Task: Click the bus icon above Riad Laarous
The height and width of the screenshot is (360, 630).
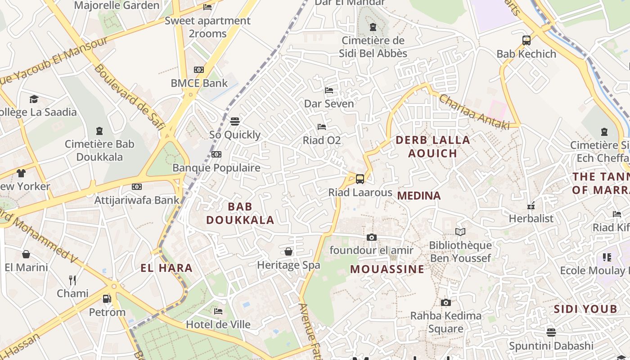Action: pyautogui.click(x=360, y=179)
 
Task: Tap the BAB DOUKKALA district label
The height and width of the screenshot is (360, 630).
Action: pyautogui.click(x=240, y=213)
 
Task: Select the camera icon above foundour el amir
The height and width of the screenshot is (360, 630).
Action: pyautogui.click(x=371, y=237)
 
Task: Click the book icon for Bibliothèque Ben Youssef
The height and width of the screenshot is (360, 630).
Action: pyautogui.click(x=460, y=232)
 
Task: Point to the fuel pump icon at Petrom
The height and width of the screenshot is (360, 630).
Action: pyautogui.click(x=107, y=298)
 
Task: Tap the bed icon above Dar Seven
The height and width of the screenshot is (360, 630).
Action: pyautogui.click(x=329, y=90)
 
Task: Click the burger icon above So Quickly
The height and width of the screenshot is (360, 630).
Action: pyautogui.click(x=234, y=121)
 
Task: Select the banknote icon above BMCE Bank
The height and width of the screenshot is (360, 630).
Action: pyautogui.click(x=198, y=69)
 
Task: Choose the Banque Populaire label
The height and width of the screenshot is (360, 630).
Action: pyautogui.click(x=216, y=168)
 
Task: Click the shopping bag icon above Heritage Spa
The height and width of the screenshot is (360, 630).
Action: pyautogui.click(x=288, y=251)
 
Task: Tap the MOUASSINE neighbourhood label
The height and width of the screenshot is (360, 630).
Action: pyautogui.click(x=387, y=269)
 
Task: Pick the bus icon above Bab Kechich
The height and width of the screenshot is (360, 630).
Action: pyautogui.click(x=526, y=40)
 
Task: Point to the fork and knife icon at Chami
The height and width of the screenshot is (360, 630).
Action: pyautogui.click(x=72, y=280)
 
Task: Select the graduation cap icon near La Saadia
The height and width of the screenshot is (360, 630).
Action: pyautogui.click(x=34, y=99)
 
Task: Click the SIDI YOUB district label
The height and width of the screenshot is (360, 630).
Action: pyautogui.click(x=585, y=309)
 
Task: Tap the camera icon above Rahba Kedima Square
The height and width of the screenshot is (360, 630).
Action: pyautogui.click(x=445, y=302)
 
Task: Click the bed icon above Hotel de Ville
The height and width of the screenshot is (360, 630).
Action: pyautogui.click(x=218, y=311)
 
